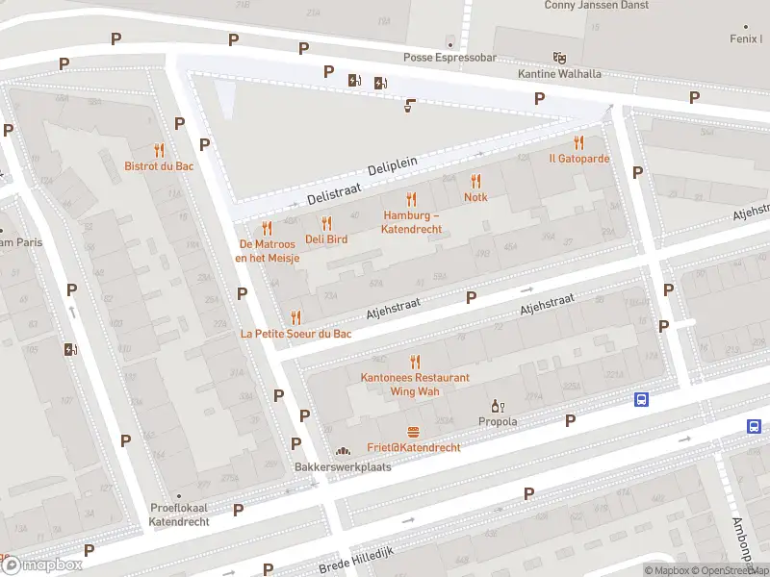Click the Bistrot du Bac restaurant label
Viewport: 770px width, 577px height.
[x=160, y=165]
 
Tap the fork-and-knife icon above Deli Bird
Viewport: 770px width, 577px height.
[x=326, y=223]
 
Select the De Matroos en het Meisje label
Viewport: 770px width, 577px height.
[x=269, y=250]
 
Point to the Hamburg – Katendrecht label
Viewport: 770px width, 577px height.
[x=412, y=222]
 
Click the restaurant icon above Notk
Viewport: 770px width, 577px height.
[x=475, y=181]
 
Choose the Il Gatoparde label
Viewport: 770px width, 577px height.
[x=579, y=158]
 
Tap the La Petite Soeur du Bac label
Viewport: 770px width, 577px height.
[x=295, y=334]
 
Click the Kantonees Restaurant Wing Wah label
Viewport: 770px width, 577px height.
[x=415, y=385]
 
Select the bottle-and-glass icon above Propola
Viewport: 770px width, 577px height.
[x=498, y=407]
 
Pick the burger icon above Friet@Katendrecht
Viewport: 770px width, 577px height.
[x=414, y=432]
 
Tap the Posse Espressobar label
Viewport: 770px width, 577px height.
[x=449, y=58]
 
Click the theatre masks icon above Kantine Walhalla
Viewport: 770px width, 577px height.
[x=558, y=58]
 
